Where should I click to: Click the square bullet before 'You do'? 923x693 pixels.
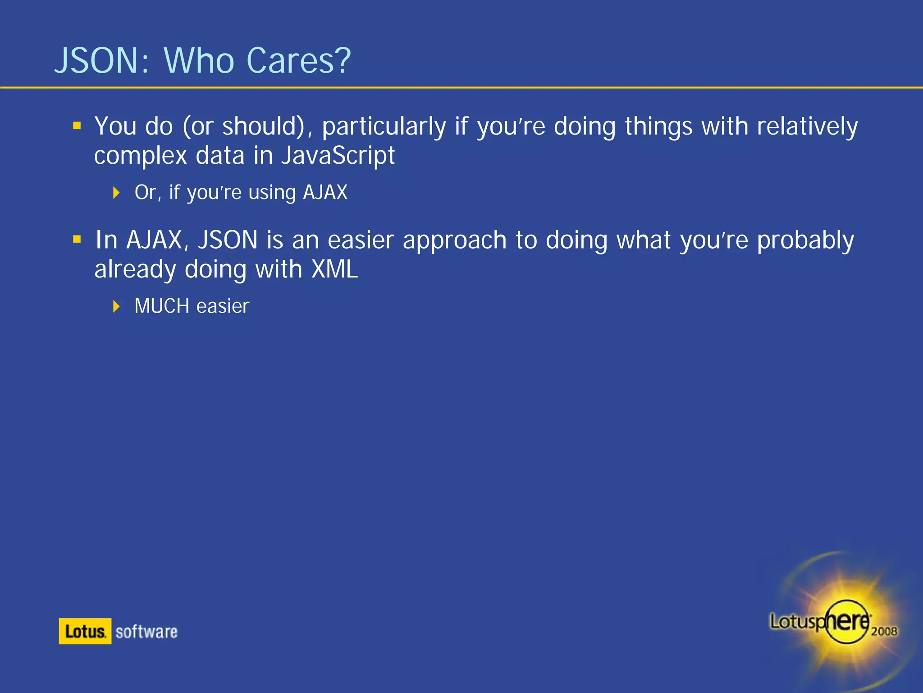pos(77,125)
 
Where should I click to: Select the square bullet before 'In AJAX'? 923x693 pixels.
pos(77,239)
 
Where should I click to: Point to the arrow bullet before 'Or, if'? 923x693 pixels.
pos(116,193)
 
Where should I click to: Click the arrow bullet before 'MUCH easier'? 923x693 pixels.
pos(116,306)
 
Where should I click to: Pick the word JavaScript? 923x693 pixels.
pos(338,156)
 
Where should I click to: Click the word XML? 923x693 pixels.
pos(335,269)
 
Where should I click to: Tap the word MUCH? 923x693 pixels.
pos(162,306)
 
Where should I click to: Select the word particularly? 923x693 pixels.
pos(384,127)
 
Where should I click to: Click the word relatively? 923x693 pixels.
pos(807,127)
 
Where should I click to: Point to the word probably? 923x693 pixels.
pos(805,240)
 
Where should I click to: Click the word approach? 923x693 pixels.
pos(454,240)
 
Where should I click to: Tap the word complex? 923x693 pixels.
pos(140,156)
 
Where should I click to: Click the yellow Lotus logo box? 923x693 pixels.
pos(85,631)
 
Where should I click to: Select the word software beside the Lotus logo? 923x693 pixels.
pos(146,632)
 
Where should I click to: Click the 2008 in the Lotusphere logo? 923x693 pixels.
pos(884,631)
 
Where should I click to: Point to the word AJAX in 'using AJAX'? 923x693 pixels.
pos(325,193)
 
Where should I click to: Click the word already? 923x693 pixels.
pos(135,269)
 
